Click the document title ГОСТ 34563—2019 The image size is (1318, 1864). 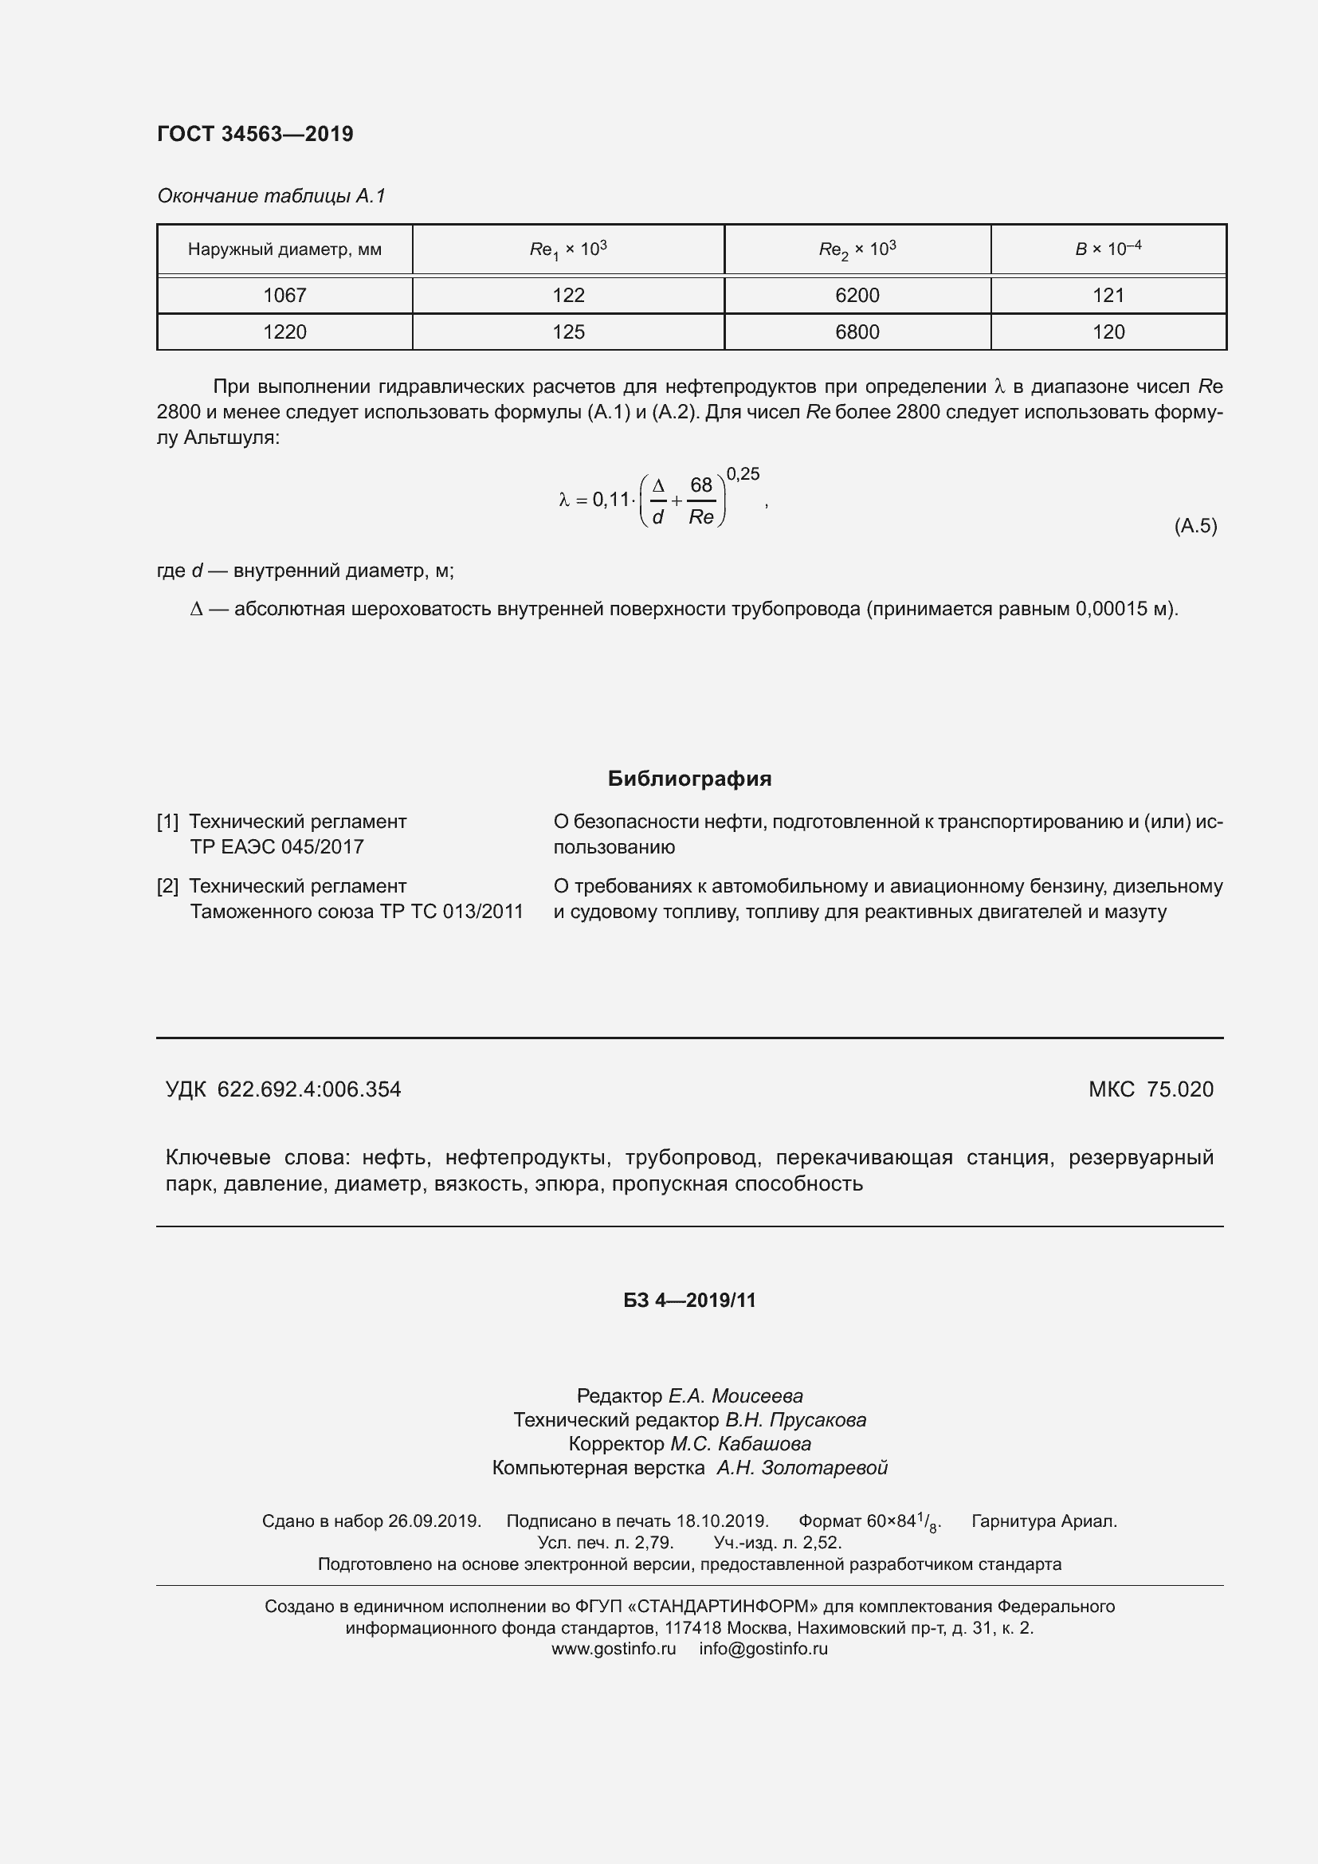click(x=255, y=134)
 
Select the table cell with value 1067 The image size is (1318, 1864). click(x=284, y=296)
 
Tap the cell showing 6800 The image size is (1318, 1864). click(x=857, y=332)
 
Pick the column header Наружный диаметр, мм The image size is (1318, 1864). click(x=284, y=249)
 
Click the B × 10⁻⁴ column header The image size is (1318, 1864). click(x=1108, y=249)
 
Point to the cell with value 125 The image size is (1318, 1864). click(x=568, y=332)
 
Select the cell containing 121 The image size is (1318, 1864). click(x=1108, y=296)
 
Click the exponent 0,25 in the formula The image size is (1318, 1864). click(x=743, y=474)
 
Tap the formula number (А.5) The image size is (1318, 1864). click(x=1194, y=526)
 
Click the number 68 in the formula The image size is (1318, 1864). click(x=700, y=485)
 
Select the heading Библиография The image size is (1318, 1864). click(x=689, y=779)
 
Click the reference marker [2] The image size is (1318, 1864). click(x=167, y=885)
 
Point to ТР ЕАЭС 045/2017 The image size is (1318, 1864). click(x=277, y=847)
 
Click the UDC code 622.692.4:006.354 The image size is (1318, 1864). click(x=309, y=1089)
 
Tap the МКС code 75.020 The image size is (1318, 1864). click(x=1180, y=1089)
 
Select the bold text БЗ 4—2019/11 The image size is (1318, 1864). click(x=689, y=1301)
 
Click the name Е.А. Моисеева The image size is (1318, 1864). click(x=735, y=1396)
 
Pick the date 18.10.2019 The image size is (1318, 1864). click(x=722, y=1521)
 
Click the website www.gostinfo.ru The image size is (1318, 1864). click(x=614, y=1649)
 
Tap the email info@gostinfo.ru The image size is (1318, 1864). click(x=763, y=1649)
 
